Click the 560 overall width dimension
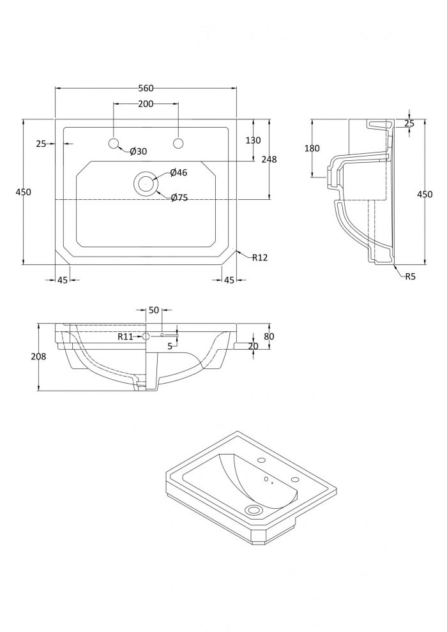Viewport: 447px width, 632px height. [x=146, y=88]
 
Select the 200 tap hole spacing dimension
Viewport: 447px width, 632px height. [x=146, y=103]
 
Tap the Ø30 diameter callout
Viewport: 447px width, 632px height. [x=139, y=151]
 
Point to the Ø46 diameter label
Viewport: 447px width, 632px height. [x=179, y=172]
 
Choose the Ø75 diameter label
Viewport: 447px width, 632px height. [x=179, y=197]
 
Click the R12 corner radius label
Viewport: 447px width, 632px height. [x=260, y=257]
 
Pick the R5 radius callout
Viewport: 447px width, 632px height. [x=411, y=276]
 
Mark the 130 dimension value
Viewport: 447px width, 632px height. [x=253, y=140]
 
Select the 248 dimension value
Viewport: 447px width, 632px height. [x=269, y=160]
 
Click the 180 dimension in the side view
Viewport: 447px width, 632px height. [x=312, y=148]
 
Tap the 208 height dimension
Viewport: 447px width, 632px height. [x=39, y=356]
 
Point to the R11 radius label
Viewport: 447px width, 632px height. [x=125, y=336]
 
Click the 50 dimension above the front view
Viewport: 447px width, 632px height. [x=154, y=310]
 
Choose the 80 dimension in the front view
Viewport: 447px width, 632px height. [x=269, y=336]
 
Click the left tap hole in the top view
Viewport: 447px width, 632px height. [x=113, y=143]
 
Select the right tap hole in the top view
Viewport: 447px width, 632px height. [x=178, y=143]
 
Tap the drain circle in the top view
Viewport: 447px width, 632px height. [x=145, y=183]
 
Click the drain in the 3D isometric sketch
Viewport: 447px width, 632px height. [x=254, y=510]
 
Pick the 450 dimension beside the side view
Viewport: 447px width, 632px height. [x=425, y=194]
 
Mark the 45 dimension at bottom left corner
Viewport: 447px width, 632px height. [x=63, y=280]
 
